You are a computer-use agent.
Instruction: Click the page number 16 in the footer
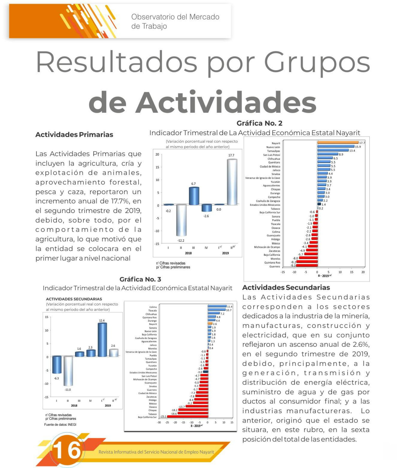[67, 450]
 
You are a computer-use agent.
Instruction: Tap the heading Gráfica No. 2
[259, 123]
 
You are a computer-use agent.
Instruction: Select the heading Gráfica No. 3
[140, 279]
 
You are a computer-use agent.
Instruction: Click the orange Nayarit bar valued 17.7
[338, 142]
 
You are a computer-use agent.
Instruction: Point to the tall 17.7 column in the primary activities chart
[232, 182]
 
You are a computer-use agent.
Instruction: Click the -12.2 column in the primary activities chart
[181, 220]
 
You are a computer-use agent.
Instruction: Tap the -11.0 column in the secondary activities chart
[68, 371]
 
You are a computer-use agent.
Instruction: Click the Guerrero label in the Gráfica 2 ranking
[275, 266]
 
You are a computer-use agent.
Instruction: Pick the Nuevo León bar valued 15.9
[336, 146]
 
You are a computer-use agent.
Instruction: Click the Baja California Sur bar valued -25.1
[187, 417]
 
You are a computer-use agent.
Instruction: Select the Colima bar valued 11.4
[217, 306]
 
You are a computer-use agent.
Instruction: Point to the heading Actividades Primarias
[74, 135]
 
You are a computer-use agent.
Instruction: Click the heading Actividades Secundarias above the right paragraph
[286, 288]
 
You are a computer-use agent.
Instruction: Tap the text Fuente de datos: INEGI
[60, 425]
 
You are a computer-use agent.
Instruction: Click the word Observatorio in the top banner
[153, 17]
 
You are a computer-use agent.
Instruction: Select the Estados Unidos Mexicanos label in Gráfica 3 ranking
[143, 373]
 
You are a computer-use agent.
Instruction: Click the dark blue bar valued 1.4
[319, 204]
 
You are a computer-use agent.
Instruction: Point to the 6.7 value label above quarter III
[193, 184]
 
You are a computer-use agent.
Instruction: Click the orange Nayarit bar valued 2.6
[210, 323]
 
